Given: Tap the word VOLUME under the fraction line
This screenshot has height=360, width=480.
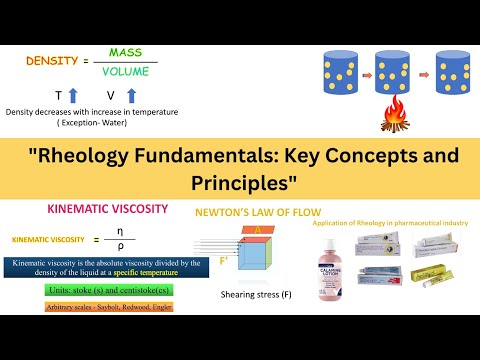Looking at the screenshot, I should point(125,72).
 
